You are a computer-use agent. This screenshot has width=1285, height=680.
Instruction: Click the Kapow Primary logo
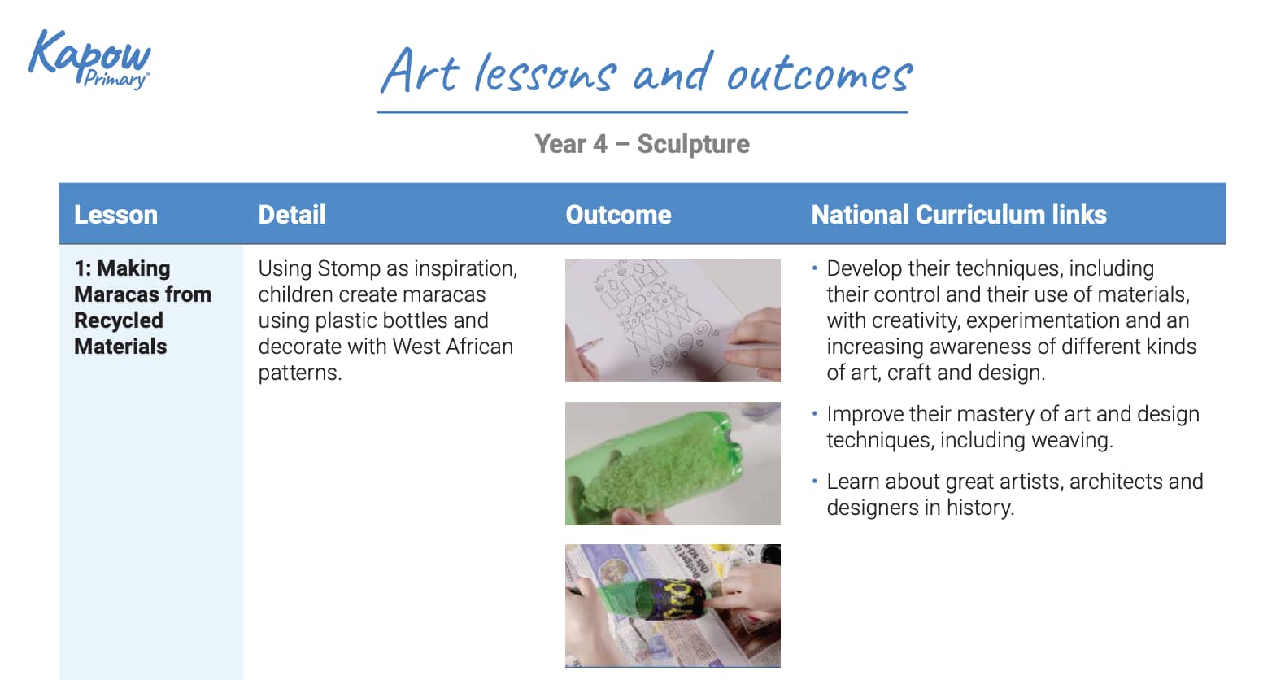coord(90,59)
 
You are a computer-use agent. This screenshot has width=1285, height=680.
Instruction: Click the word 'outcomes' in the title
coord(820,75)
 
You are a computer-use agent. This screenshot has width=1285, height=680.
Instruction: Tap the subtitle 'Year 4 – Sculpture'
coord(642,144)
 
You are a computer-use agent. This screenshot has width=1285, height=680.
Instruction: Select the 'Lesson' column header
coord(115,215)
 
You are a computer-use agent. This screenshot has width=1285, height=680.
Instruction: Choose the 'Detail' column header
coord(291,215)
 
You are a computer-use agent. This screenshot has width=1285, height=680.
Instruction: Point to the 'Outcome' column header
coord(618,215)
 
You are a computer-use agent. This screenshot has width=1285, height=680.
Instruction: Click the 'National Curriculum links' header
coord(959,215)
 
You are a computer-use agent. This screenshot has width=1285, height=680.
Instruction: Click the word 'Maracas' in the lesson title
coord(117,294)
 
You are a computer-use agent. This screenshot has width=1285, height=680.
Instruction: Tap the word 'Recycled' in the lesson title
coord(119,320)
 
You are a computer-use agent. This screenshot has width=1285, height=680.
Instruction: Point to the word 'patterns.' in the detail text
coord(299,373)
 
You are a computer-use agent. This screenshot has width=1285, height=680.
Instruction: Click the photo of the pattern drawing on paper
coord(673,320)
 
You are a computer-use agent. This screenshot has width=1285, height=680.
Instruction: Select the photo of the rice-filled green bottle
coord(673,463)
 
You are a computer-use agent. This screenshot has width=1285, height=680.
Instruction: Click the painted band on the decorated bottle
coord(675,599)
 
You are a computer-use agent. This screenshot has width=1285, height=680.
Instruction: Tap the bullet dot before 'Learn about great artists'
coord(815,481)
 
